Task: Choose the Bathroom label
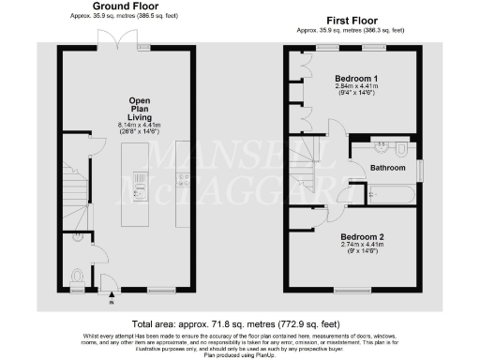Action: point(386,168)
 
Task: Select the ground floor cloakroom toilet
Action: point(78,277)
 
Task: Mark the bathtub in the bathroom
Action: point(385,195)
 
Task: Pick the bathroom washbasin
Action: point(380,147)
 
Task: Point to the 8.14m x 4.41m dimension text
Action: point(140,125)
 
